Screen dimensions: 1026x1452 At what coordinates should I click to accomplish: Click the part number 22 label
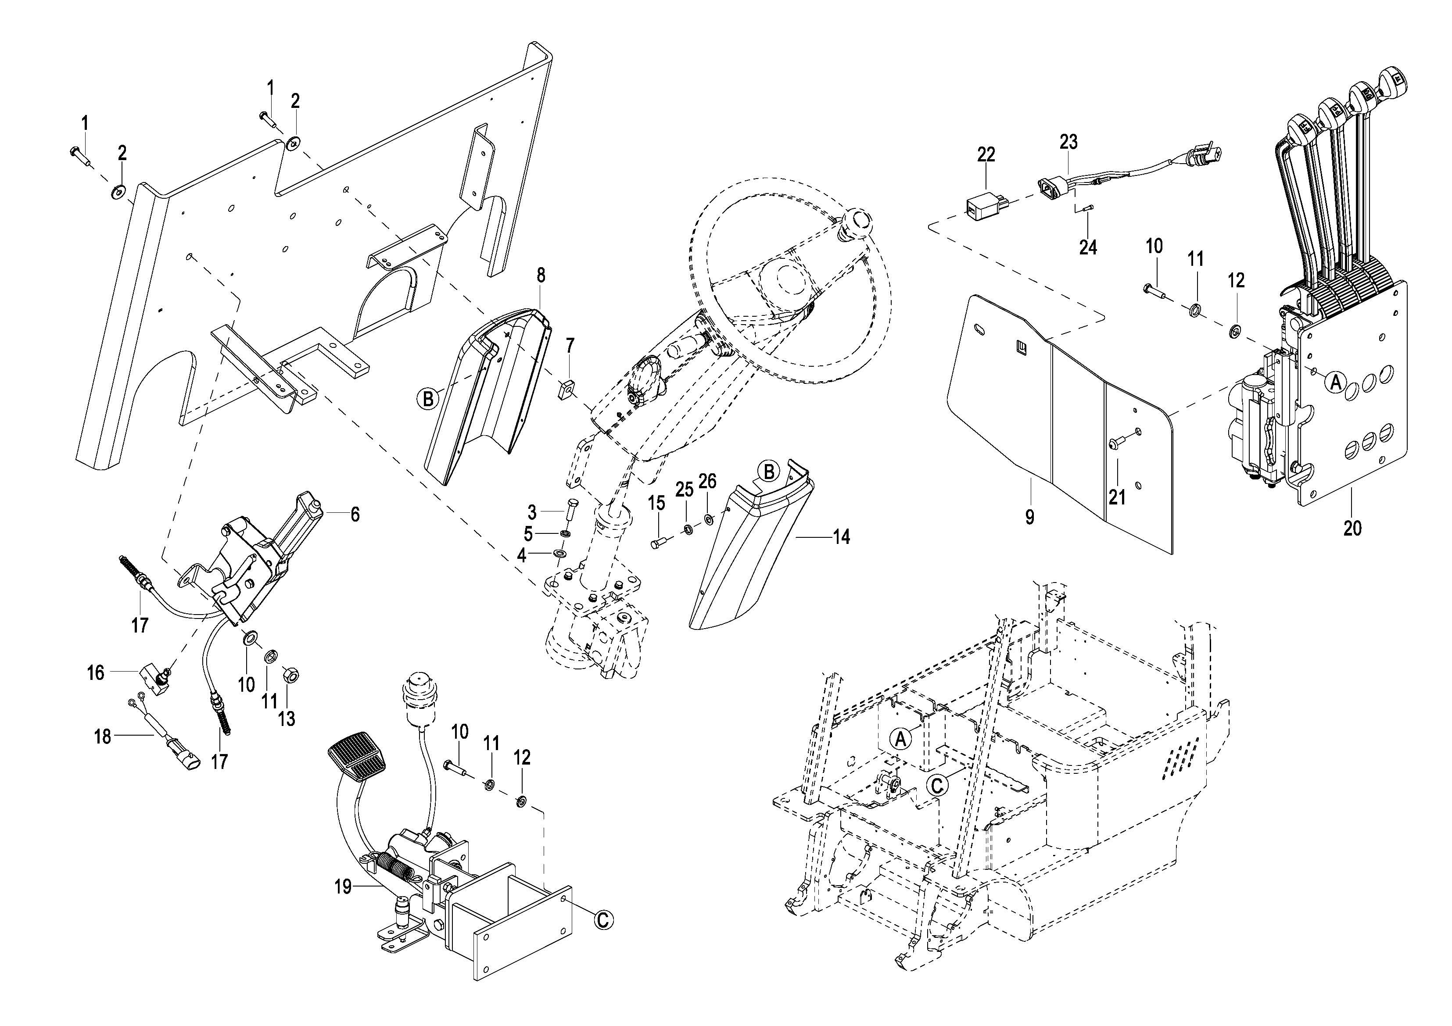[986, 154]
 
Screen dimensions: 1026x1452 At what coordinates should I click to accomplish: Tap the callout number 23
[1069, 142]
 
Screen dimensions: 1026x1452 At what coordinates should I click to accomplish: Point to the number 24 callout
[1088, 247]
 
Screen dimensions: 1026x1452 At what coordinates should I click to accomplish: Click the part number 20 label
[1352, 528]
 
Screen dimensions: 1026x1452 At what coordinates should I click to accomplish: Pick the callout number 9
[1030, 517]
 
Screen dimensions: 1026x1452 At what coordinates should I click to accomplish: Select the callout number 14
[841, 537]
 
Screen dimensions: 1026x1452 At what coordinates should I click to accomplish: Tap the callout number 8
[541, 275]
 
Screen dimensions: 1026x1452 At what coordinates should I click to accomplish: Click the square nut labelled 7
[566, 390]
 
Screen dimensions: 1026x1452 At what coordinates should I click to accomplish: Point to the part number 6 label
[355, 515]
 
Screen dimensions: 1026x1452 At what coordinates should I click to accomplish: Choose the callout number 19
[343, 887]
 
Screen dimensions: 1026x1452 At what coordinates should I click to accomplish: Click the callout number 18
[102, 736]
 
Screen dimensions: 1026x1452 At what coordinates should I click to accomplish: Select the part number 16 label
[96, 672]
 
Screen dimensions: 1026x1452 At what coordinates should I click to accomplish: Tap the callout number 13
[287, 719]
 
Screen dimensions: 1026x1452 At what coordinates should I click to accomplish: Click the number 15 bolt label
[657, 504]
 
